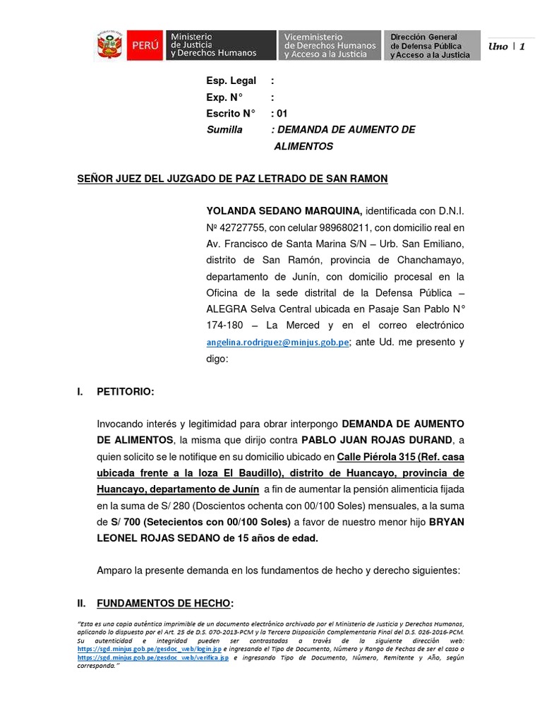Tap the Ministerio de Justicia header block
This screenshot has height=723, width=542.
(x=219, y=44)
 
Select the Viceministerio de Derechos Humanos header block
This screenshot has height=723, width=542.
(x=330, y=44)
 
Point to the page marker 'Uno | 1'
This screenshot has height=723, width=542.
(x=507, y=46)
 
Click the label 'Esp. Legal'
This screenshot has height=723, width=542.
(x=231, y=81)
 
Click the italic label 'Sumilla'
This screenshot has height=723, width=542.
(x=224, y=130)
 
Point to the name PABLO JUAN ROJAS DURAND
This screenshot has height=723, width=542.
(x=395, y=440)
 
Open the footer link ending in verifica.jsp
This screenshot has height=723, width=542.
(x=153, y=657)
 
